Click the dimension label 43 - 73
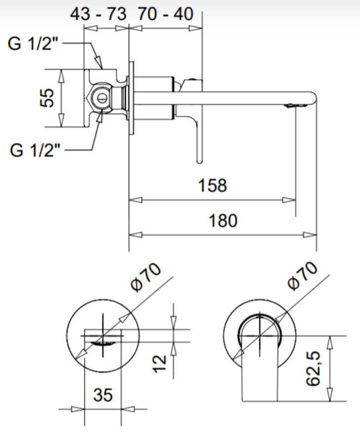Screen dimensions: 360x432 (x=98, y=14)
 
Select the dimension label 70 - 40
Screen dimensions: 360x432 (x=166, y=14)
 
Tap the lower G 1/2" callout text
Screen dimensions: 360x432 (x=35, y=150)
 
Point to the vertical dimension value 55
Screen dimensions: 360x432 (x=46, y=98)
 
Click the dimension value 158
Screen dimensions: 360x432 (x=213, y=185)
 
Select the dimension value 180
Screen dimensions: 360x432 (x=223, y=220)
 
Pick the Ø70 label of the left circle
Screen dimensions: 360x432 (x=146, y=277)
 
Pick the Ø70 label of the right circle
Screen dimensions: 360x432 (x=302, y=276)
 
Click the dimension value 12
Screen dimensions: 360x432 (x=160, y=364)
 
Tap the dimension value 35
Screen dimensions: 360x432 (x=103, y=395)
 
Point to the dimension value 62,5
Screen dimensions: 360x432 (x=313, y=368)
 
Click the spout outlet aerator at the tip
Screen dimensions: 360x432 (x=296, y=106)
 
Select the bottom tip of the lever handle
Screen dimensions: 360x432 (x=200, y=162)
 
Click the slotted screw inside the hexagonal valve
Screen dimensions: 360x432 (x=102, y=98)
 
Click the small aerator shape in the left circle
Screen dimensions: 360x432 (x=103, y=343)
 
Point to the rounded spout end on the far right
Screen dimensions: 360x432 (x=314, y=98)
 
